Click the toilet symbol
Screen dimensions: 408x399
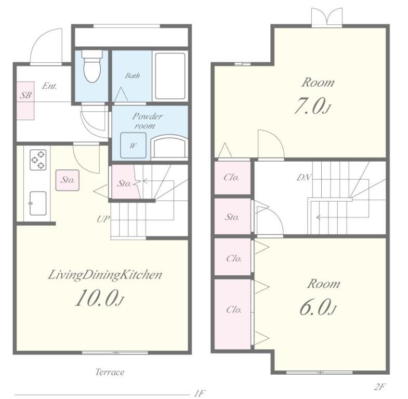click(x=92, y=66)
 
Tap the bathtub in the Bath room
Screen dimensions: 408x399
click(x=170, y=76)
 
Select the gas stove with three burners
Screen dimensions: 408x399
click(x=38, y=159)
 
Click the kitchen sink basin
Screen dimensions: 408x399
click(x=38, y=204)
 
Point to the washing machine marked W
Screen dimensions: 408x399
click(x=133, y=145)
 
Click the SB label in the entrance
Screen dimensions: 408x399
click(x=25, y=95)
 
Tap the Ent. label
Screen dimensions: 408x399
click(x=49, y=86)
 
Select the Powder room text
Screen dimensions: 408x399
click(x=147, y=121)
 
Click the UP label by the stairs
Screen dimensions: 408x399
click(x=103, y=219)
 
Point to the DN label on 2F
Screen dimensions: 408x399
click(x=304, y=177)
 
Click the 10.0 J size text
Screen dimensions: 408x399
click(x=99, y=298)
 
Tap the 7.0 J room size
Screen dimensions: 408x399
click(x=312, y=105)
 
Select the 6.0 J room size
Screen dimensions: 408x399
click(x=318, y=307)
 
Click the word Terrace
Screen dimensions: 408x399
click(x=110, y=372)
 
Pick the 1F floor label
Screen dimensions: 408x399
click(x=200, y=393)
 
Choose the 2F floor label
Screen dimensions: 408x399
click(x=379, y=387)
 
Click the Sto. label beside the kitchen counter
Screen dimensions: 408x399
click(x=68, y=180)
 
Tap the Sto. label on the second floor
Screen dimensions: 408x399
click(x=232, y=217)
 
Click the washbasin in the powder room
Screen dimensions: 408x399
click(x=169, y=147)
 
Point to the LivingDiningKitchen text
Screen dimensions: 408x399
click(x=105, y=275)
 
